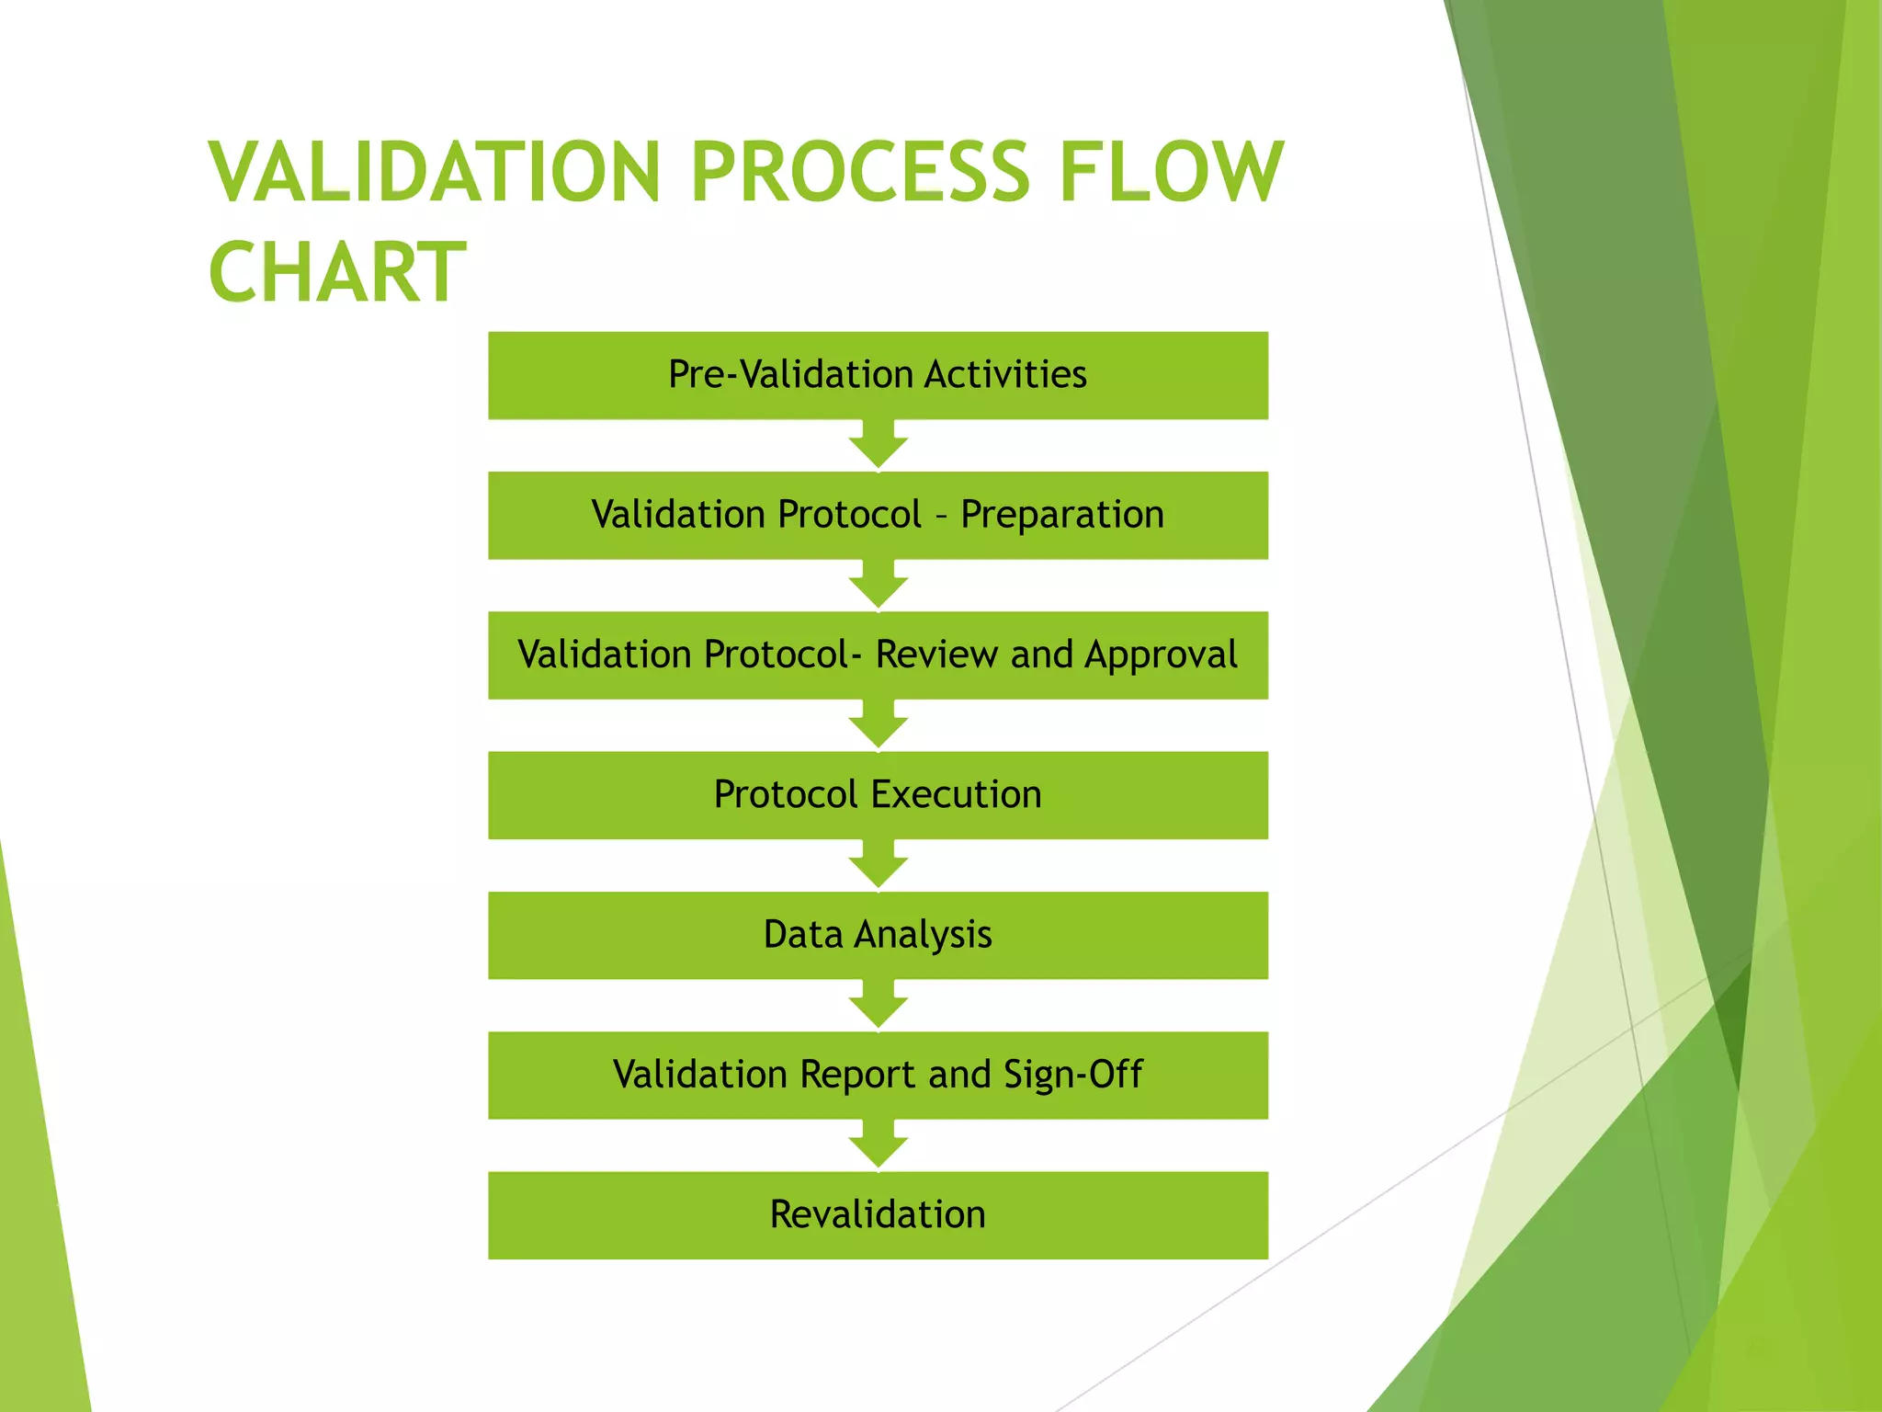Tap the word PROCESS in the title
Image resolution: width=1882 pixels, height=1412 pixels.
click(859, 172)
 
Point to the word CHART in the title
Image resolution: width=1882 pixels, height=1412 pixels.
click(337, 272)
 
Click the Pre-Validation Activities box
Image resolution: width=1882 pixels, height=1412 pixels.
click(878, 375)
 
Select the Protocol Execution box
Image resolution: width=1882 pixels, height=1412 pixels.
click(878, 795)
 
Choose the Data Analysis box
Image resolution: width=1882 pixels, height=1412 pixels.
click(878, 935)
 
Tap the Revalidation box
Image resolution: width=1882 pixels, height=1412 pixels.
click(878, 1215)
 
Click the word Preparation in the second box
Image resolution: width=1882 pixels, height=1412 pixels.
click(1062, 515)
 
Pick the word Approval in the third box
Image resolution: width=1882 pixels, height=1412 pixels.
click(1161, 655)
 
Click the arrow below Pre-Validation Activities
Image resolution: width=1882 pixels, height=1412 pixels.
click(878, 446)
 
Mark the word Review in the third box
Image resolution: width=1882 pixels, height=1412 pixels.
click(936, 655)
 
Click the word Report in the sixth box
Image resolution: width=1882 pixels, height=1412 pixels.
click(857, 1075)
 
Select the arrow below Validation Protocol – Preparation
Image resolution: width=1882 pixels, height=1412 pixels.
click(878, 586)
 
